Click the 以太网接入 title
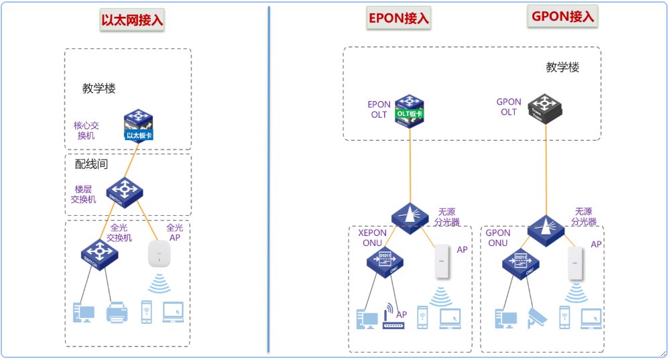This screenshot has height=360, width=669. (132, 20)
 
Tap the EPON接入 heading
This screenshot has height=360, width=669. (398, 18)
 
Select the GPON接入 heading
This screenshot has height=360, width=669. (562, 17)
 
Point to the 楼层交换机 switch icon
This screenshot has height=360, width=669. (125, 193)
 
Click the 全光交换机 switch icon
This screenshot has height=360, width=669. (99, 256)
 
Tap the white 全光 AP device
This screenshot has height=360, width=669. (160, 255)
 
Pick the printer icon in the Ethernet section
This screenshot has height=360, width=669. (117, 313)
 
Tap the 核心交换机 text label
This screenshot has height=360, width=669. (86, 130)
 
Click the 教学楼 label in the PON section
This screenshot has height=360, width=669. (562, 67)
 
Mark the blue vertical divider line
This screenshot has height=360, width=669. (269, 181)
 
